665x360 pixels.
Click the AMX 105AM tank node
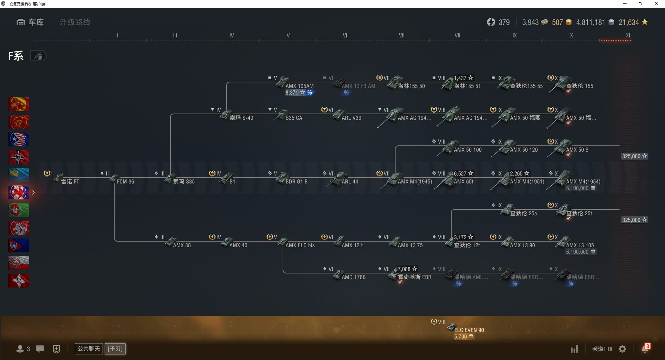(299, 86)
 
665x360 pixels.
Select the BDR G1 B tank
(296, 181)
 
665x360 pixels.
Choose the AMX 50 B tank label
(577, 150)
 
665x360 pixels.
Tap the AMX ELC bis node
(300, 245)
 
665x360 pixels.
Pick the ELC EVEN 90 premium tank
(469, 330)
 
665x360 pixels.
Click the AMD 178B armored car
(353, 277)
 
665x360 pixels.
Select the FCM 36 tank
(125, 181)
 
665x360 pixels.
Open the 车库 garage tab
(30, 22)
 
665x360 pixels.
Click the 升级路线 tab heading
(75, 22)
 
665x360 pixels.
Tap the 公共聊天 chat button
(89, 349)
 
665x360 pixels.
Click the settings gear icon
(622, 349)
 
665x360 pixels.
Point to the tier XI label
(628, 36)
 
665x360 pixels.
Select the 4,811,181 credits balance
(591, 22)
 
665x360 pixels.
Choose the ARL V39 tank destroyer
(351, 118)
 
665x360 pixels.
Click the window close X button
(656, 4)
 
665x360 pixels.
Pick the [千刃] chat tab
(115, 349)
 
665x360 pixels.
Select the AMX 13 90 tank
(522, 245)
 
